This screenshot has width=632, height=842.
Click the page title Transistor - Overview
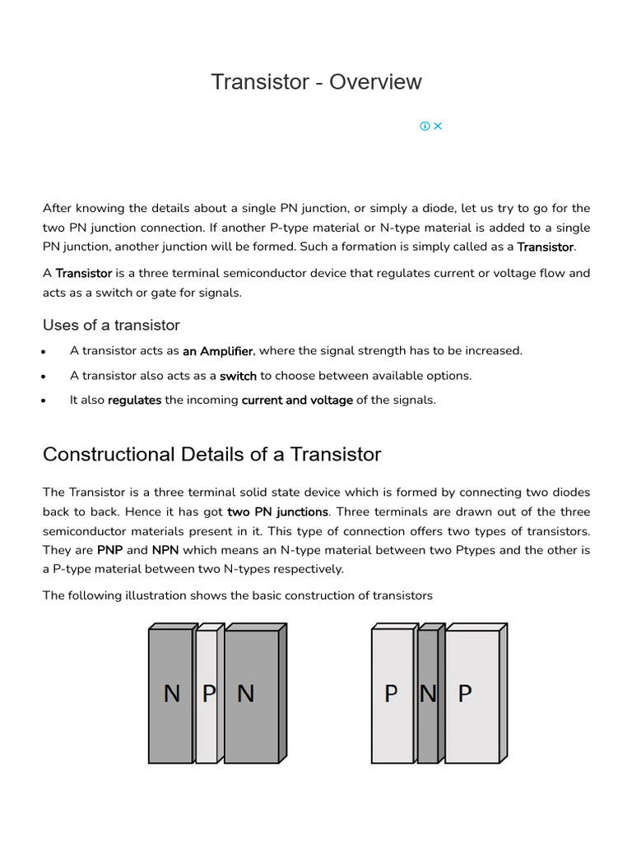pyautogui.click(x=316, y=82)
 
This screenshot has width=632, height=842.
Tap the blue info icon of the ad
pyautogui.click(x=425, y=126)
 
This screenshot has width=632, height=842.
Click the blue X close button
pyautogui.click(x=438, y=126)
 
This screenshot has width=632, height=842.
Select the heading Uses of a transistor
pyautogui.click(x=111, y=325)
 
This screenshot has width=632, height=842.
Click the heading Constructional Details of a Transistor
pyautogui.click(x=211, y=454)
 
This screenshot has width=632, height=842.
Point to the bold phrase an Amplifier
pyautogui.click(x=217, y=351)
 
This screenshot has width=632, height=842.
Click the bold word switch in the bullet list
pyautogui.click(x=238, y=376)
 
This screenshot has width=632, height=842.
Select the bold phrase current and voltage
pyautogui.click(x=297, y=400)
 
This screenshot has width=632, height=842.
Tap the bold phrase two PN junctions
pyautogui.click(x=277, y=512)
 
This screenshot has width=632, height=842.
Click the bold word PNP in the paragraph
pyautogui.click(x=110, y=550)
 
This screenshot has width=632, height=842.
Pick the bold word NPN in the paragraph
pyautogui.click(x=165, y=550)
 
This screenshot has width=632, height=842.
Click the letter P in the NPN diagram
pyautogui.click(x=209, y=694)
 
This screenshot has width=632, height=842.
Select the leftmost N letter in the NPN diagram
pyautogui.click(x=171, y=694)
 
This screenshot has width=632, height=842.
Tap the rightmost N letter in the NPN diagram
pyautogui.click(x=245, y=694)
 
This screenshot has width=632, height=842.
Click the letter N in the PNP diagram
pyautogui.click(x=428, y=694)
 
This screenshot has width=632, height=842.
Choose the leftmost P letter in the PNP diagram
pyautogui.click(x=391, y=694)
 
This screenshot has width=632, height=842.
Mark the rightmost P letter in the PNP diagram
pyautogui.click(x=465, y=694)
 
